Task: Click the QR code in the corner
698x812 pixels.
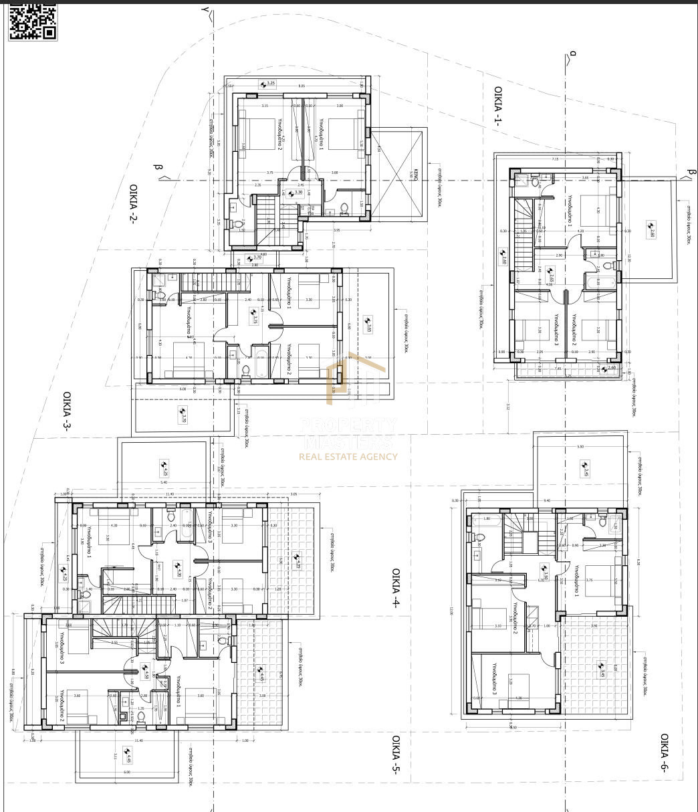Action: [31, 21]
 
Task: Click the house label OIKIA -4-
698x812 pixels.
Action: [395, 587]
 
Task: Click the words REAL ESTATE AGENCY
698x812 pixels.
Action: [348, 457]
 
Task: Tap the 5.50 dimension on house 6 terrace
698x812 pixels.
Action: [580, 446]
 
